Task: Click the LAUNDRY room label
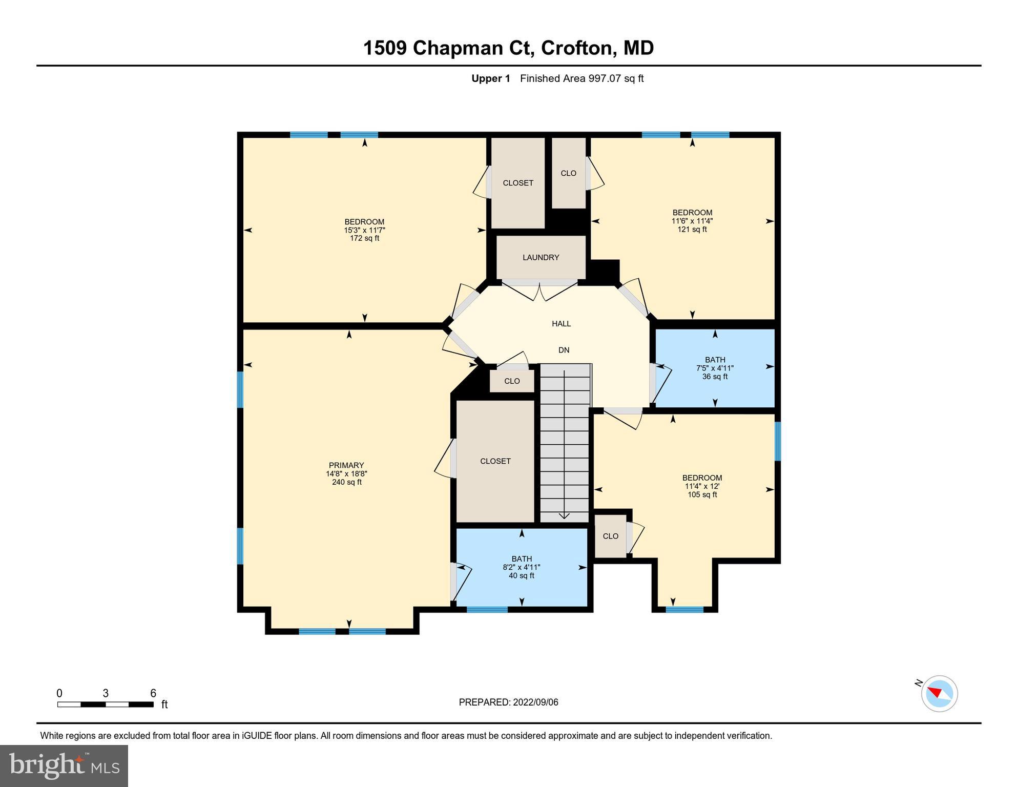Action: pos(541,258)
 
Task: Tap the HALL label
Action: pos(561,324)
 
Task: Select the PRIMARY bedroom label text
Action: pos(346,466)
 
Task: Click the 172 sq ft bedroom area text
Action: pos(364,238)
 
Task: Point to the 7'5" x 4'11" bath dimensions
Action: pos(715,368)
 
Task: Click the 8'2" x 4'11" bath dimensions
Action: pos(522,567)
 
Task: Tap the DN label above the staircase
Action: pos(564,350)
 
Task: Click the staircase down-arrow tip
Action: pos(564,516)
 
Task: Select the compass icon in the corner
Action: pos(939,694)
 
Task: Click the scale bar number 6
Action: pos(153,693)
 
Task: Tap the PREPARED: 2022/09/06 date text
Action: pos(508,702)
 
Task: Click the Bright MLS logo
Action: pos(64,765)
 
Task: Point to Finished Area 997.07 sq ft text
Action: pos(581,78)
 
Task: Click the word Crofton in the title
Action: pos(578,48)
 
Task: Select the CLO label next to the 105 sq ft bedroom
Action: pos(610,536)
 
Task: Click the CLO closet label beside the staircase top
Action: pos(512,381)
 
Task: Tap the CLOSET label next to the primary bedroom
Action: pos(495,461)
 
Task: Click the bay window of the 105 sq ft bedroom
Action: pos(684,610)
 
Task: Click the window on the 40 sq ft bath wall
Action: pos(487,610)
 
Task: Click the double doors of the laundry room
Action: pos(540,290)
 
